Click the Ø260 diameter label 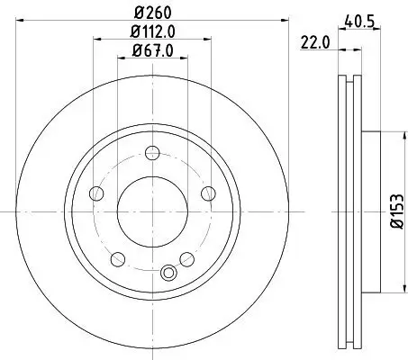pos(151,13)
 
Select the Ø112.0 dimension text pos(151,34)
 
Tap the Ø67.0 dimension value pos(151,52)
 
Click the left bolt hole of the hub pos(96,193)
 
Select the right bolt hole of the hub pos(207,193)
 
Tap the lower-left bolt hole pos(117,259)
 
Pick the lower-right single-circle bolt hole pos(186,259)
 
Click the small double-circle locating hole pos(166,274)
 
